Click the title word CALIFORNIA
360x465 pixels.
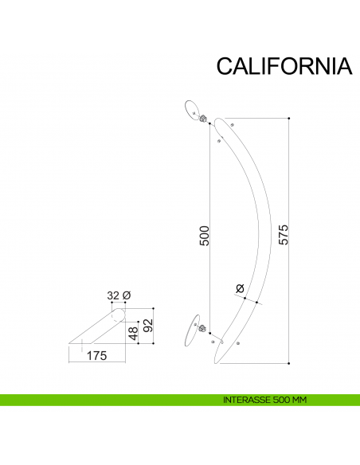click(x=284, y=66)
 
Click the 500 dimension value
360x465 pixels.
click(x=204, y=236)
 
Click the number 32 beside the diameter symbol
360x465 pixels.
click(x=113, y=295)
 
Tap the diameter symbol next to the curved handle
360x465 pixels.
click(x=240, y=288)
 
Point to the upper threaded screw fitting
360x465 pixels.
click(x=204, y=119)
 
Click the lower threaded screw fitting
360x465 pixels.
click(x=202, y=326)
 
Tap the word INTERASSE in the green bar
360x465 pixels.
click(x=245, y=399)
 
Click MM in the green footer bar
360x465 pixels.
click(x=299, y=399)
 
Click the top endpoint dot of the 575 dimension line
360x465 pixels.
click(x=289, y=119)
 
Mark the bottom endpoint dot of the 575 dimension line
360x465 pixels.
click(x=289, y=362)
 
